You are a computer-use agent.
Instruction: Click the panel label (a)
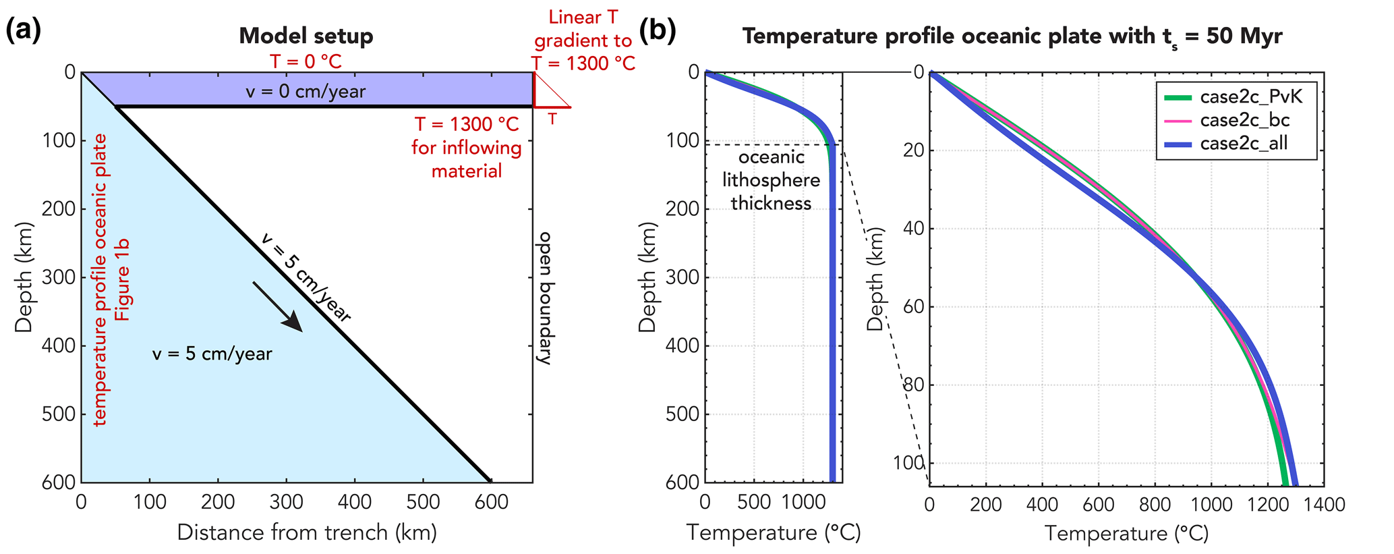[x=24, y=32]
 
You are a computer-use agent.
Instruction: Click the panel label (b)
[x=657, y=32]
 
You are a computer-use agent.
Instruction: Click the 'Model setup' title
[x=306, y=36]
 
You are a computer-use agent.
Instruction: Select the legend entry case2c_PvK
[x=1251, y=97]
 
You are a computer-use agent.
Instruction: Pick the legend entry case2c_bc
[x=1244, y=120]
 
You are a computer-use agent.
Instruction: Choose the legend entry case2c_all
[x=1244, y=143]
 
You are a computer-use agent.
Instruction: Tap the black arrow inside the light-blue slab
[x=278, y=307]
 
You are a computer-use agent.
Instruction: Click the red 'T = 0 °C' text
[x=306, y=62]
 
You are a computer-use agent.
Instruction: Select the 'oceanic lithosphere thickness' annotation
[x=771, y=180]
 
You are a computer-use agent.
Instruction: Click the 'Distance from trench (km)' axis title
[x=307, y=532]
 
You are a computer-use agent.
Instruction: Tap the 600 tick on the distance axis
[x=491, y=502]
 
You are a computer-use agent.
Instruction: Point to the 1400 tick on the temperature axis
[x=1324, y=504]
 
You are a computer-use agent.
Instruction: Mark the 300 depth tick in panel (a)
[x=56, y=277]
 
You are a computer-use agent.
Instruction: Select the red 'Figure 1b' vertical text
[x=122, y=279]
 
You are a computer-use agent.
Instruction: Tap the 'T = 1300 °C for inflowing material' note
[x=467, y=148]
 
